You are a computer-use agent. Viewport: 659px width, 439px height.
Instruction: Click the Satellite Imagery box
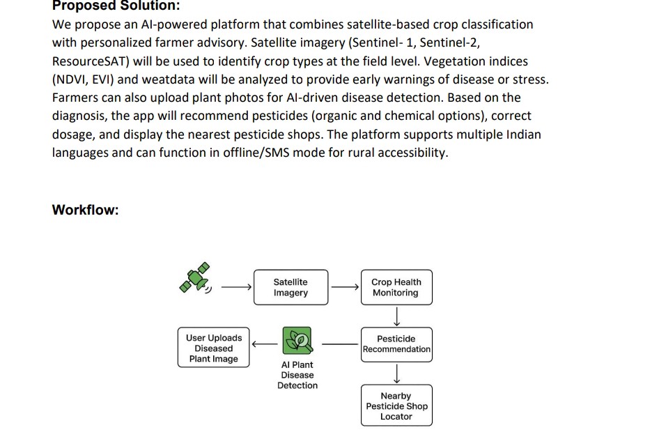point(290,287)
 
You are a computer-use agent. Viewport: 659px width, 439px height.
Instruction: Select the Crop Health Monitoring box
point(396,287)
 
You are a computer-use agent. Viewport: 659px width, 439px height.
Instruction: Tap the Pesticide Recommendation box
point(396,344)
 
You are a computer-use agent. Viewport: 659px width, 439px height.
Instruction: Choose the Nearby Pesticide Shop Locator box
point(396,406)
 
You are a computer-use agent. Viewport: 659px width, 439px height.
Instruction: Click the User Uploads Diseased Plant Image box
point(214,348)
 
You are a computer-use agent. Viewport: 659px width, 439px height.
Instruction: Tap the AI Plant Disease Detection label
point(297,375)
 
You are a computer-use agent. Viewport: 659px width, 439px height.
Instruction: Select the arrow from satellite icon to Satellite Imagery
point(236,286)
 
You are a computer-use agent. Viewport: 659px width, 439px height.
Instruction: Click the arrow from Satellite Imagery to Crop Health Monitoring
point(345,286)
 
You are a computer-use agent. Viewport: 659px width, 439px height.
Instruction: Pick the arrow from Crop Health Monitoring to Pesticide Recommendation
point(396,316)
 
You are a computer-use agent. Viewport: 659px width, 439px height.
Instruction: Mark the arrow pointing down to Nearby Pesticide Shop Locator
point(396,374)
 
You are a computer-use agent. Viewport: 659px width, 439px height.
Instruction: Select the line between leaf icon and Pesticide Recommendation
point(339,343)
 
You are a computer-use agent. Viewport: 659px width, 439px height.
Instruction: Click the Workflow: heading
point(85,210)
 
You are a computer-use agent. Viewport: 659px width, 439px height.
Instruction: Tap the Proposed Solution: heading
point(116,6)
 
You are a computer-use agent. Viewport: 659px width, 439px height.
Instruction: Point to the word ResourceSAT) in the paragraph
point(87,61)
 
